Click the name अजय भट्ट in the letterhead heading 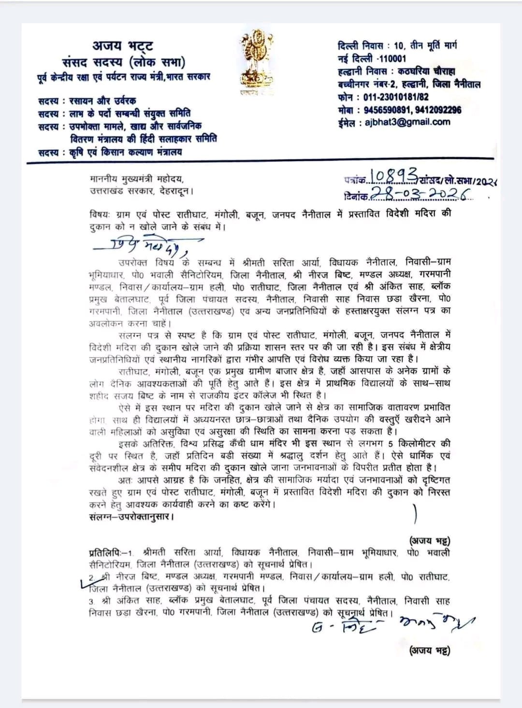tap(123, 46)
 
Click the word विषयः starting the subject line tap(100, 214)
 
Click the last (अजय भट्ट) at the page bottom tap(430, 651)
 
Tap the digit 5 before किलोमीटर tap(397, 443)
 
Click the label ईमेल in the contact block tap(348, 123)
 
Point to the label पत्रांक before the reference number tap(357, 180)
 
